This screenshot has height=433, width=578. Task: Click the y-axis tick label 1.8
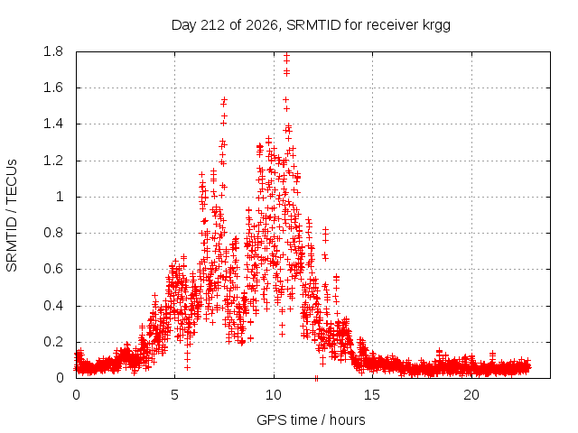(53, 51)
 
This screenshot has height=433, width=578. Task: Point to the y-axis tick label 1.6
(53, 88)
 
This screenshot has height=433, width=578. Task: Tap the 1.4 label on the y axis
(53, 124)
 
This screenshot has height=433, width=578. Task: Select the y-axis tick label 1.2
(53, 161)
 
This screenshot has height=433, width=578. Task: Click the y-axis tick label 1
(60, 197)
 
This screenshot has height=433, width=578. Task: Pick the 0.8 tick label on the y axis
(53, 233)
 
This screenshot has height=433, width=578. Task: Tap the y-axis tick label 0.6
(53, 269)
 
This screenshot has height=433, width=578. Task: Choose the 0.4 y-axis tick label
(53, 306)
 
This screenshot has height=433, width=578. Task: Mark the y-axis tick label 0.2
(53, 342)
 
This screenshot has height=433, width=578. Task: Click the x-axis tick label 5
(174, 395)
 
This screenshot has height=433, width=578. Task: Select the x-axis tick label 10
(274, 395)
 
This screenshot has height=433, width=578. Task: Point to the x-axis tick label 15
(372, 395)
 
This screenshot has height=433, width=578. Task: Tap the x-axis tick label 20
(471, 395)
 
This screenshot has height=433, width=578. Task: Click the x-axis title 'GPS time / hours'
(311, 420)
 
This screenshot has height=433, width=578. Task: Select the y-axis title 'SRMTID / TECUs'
(12, 216)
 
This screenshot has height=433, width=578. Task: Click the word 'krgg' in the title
(436, 26)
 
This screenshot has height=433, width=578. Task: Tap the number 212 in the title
(212, 25)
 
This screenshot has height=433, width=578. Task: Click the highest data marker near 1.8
(286, 56)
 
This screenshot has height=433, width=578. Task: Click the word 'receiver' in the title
(393, 25)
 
